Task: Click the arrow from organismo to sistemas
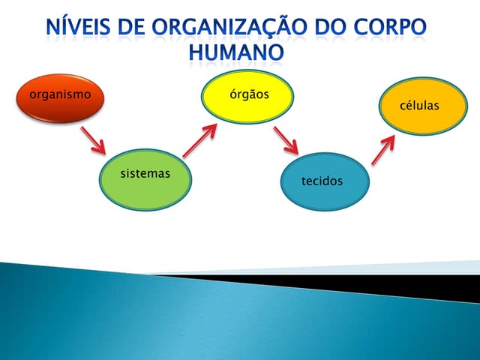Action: click(94, 139)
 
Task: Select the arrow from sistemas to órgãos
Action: click(199, 140)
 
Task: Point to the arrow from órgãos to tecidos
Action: click(286, 141)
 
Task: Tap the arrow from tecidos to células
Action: click(384, 149)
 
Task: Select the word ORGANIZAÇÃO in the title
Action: click(239, 28)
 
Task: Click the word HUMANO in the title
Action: click(237, 52)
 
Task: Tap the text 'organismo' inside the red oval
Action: click(60, 94)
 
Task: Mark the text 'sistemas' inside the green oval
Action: click(145, 174)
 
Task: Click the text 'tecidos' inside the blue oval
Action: click(322, 181)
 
